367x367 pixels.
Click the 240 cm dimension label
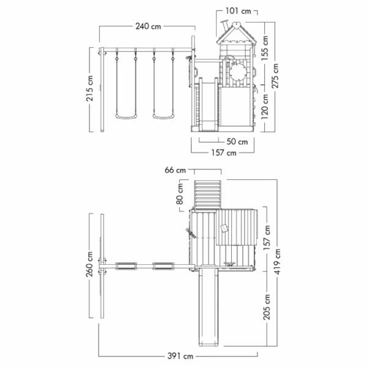coord(148,26)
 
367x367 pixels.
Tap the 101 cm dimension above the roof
coord(238,11)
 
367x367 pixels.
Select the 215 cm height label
coord(90,89)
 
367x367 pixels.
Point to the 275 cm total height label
coord(275,76)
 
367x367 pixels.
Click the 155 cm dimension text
coord(265,48)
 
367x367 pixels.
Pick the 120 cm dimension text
coord(265,106)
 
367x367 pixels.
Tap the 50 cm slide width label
coord(237,142)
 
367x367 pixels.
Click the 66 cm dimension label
coord(175,170)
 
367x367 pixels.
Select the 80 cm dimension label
coord(180,194)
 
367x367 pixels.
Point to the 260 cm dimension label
coord(90,264)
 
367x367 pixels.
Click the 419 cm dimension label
coord(278,262)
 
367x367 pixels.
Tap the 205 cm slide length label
coord(267,307)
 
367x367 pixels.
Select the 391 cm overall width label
coord(180,356)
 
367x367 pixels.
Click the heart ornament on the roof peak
coord(237,25)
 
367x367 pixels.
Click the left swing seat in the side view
coord(126,116)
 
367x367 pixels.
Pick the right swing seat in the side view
coord(163,116)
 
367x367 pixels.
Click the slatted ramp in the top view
coord(207,194)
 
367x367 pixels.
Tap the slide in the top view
coord(209,307)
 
